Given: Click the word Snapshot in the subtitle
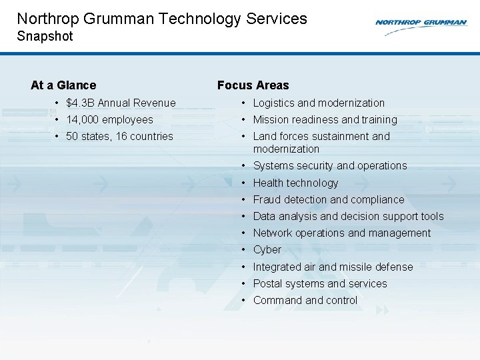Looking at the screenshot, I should [45, 36].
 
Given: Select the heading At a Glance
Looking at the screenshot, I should [63, 85].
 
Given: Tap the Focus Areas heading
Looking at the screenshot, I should [253, 85].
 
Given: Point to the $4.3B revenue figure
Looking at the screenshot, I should [80, 103].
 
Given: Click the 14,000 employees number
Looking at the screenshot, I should [83, 120].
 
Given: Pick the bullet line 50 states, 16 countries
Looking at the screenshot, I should [119, 137].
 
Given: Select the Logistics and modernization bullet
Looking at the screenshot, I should [319, 103].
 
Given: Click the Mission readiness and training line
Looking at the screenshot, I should [325, 120].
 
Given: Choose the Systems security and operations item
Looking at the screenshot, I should [329, 166].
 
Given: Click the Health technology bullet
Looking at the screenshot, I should [295, 183].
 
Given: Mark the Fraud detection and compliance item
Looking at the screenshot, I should [328, 200].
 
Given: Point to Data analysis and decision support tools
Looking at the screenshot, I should [348, 217].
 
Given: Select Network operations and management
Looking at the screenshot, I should [341, 233].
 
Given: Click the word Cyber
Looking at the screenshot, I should [267, 250].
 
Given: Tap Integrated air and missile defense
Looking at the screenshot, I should [333, 267].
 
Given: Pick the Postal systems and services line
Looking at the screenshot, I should [319, 284].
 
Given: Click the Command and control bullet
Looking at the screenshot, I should [305, 301].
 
